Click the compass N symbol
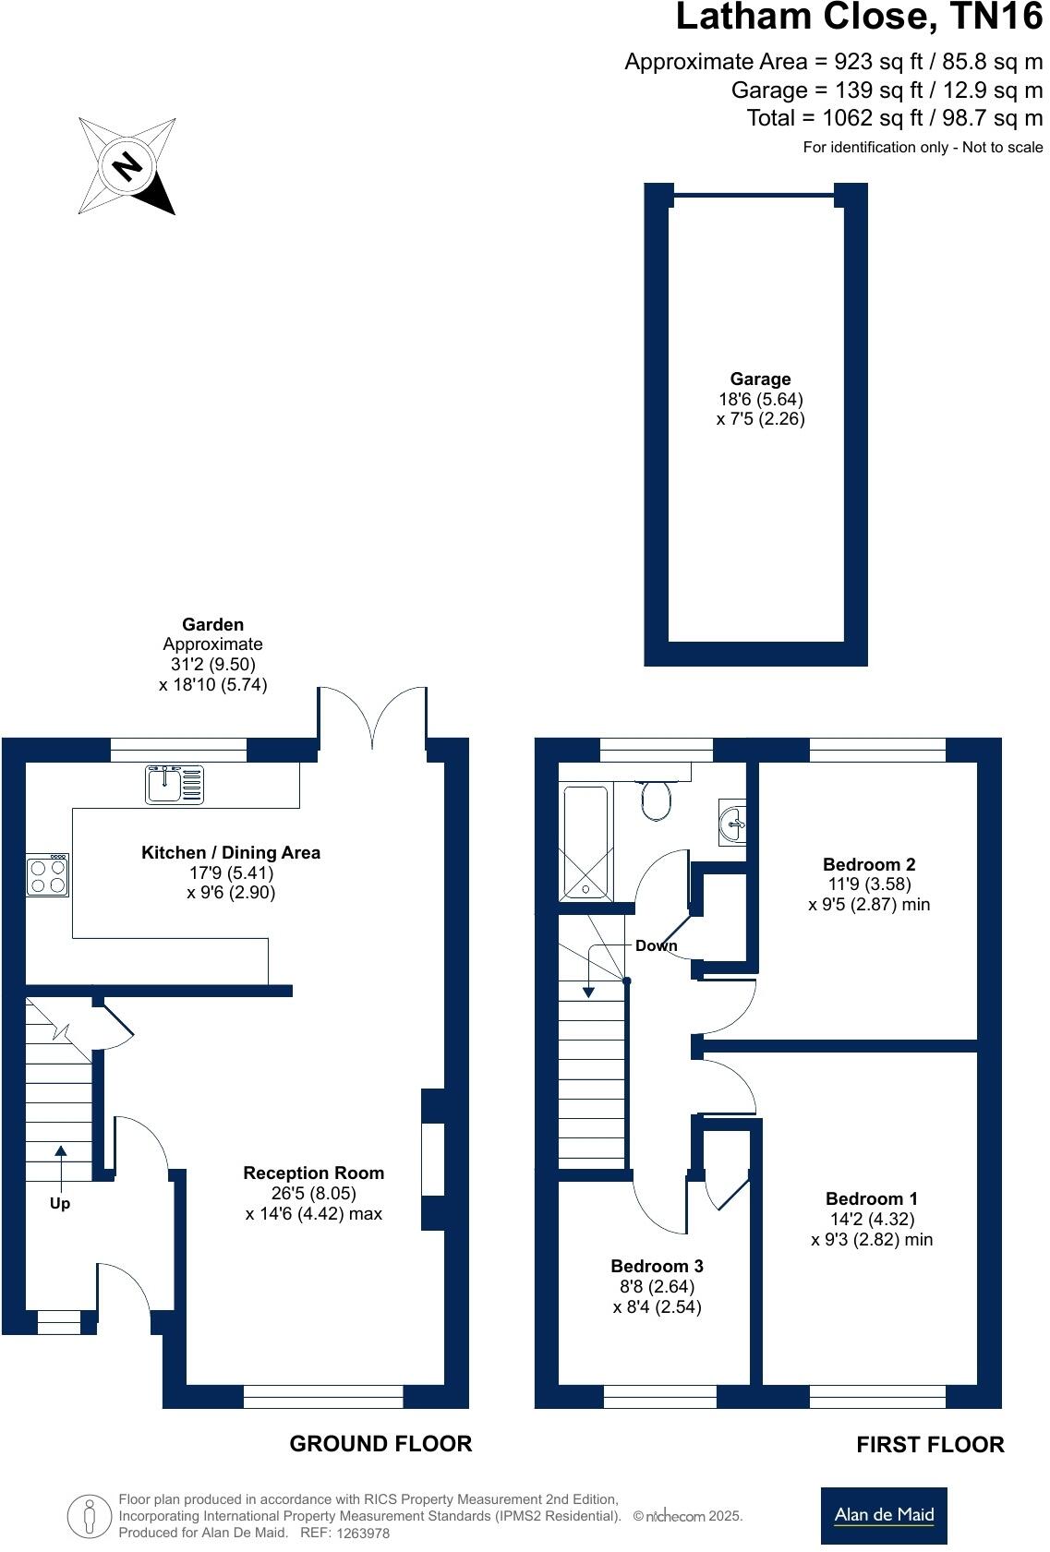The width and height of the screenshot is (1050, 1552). click(127, 166)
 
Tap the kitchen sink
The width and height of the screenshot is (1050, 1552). click(174, 785)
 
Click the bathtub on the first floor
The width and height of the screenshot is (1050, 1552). click(585, 842)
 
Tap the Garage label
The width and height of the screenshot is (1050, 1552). click(760, 379)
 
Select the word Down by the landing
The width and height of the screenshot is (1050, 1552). click(656, 945)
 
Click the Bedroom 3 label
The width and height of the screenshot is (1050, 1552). click(657, 1266)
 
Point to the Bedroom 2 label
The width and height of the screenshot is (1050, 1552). click(869, 864)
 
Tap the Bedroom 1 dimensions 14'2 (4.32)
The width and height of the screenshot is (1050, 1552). click(872, 1219)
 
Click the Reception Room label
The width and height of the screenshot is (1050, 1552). click(314, 1173)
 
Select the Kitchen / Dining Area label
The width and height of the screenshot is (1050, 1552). click(231, 852)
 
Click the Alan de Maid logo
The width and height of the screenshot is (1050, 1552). click(884, 1515)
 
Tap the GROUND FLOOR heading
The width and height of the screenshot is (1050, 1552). click(380, 1443)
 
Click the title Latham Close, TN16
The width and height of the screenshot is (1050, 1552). click(859, 18)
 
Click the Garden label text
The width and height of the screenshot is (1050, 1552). click(213, 625)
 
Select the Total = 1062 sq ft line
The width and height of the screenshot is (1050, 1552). click(894, 118)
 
